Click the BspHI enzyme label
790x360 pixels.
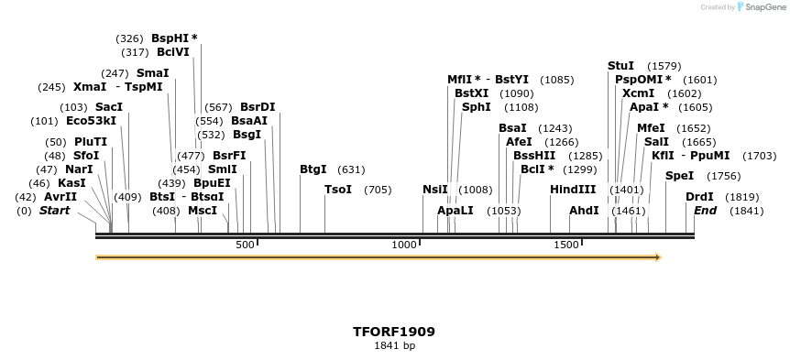click(170, 38)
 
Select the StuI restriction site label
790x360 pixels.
click(620, 66)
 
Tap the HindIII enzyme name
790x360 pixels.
click(573, 190)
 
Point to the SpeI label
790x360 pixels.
click(679, 176)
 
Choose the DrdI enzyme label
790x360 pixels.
click(699, 197)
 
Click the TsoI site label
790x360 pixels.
click(338, 190)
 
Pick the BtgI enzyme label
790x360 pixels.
click(313, 169)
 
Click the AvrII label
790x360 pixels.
click(60, 197)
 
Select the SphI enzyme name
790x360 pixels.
click(476, 107)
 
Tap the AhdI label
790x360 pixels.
click(584, 211)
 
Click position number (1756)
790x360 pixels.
click(724, 176)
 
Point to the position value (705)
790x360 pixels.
click(378, 190)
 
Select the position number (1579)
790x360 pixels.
click(664, 66)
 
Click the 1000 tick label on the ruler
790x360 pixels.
click(404, 245)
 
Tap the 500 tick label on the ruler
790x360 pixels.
click(245, 245)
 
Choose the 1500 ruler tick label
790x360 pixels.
click(565, 245)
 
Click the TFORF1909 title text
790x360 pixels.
click(394, 332)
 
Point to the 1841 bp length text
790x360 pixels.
click(394, 345)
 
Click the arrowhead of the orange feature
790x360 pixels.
click(657, 257)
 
